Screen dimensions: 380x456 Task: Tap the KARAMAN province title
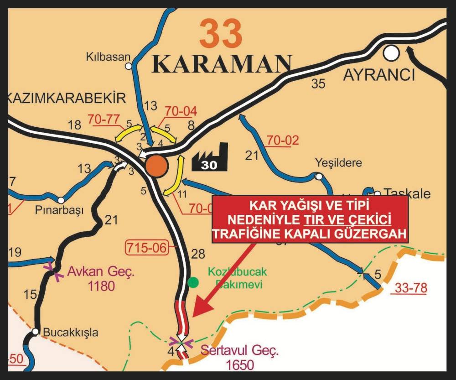pos(222,65)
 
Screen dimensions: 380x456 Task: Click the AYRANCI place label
pos(379,74)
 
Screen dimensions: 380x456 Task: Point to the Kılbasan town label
pos(108,57)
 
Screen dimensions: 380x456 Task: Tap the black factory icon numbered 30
pos(209,158)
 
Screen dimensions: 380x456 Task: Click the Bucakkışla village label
pos(70,333)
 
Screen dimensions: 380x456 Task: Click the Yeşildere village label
pos(338,163)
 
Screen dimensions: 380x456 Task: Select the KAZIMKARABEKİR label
pos(66,98)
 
